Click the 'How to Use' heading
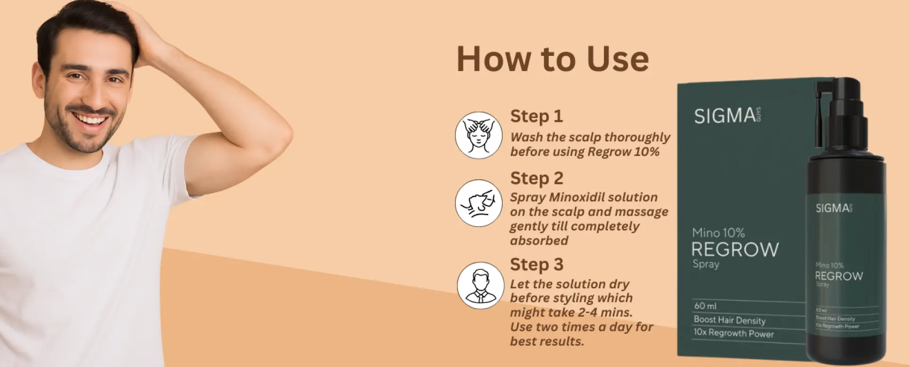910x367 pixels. (552, 60)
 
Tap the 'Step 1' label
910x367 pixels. (536, 116)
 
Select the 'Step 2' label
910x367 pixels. (537, 178)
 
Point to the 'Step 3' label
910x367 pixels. (537, 265)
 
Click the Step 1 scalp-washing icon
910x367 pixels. (478, 135)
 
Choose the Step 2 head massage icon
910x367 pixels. (478, 203)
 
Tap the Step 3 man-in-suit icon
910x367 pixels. (480, 285)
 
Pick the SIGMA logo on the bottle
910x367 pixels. (833, 208)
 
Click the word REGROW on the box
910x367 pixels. (735, 249)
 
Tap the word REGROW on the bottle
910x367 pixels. (838, 276)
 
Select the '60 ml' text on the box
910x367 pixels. (705, 306)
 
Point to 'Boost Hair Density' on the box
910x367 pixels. (729, 320)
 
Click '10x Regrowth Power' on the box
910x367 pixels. (733, 333)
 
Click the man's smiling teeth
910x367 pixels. (91, 119)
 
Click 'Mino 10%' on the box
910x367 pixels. (718, 233)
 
